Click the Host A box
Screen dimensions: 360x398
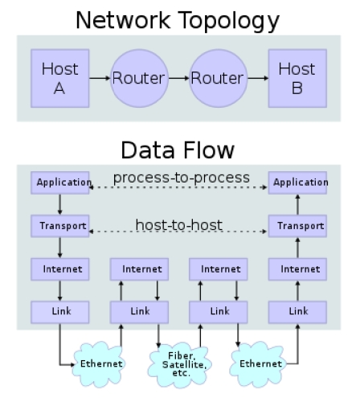click(x=60, y=78)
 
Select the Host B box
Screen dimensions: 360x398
click(x=297, y=78)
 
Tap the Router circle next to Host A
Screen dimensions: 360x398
click(x=139, y=78)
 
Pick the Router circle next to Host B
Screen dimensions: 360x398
click(x=219, y=78)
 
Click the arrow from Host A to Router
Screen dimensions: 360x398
click(x=100, y=78)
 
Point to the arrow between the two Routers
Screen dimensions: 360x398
click(x=179, y=78)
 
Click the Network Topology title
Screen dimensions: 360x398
click(x=178, y=21)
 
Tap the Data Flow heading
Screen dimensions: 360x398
click(x=178, y=150)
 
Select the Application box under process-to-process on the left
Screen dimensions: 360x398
click(x=60, y=183)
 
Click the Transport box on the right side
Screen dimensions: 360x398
click(x=297, y=226)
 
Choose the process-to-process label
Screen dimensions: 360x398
click(x=182, y=178)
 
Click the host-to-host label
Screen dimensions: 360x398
click(x=179, y=224)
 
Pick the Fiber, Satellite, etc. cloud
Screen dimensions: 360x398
click(x=180, y=364)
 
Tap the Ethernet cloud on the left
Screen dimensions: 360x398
click(x=99, y=364)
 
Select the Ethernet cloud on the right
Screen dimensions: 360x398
click(x=258, y=364)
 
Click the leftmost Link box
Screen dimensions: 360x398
click(x=60, y=312)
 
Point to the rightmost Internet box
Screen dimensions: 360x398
click(x=297, y=269)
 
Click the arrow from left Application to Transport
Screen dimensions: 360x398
click(x=59, y=204)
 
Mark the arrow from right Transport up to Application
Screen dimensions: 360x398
click(x=297, y=204)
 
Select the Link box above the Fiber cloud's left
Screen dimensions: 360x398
click(x=139, y=312)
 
